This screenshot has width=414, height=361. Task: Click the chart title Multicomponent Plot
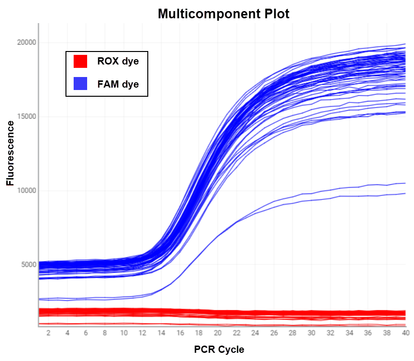click(223, 14)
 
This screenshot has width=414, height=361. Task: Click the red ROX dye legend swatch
click(80, 61)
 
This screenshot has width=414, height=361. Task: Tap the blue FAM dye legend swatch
click(80, 84)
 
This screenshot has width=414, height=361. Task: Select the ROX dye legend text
click(118, 61)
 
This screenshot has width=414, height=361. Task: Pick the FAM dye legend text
click(118, 84)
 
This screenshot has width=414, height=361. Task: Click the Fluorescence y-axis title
click(10, 153)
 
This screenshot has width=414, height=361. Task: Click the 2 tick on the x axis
click(48, 333)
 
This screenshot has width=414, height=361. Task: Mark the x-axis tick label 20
click(218, 333)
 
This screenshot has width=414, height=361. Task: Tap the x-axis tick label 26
click(274, 333)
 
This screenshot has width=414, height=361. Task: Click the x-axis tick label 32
click(330, 333)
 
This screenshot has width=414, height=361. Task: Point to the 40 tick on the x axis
click(405, 333)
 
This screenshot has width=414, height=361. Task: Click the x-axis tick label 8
click(104, 333)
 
